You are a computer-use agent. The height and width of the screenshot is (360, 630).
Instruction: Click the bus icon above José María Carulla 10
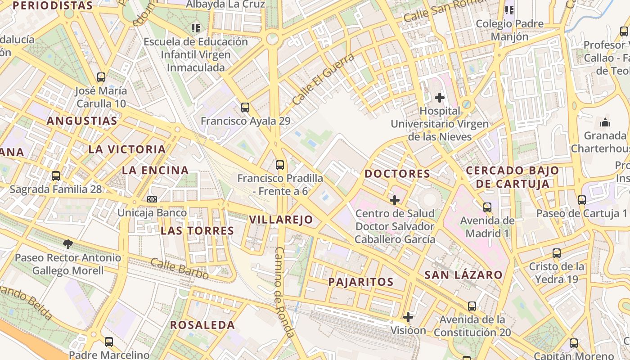click(x=101, y=77)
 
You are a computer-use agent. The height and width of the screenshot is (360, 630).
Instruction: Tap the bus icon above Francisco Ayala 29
click(x=245, y=108)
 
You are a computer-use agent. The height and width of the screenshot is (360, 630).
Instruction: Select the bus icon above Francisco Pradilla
click(x=280, y=165)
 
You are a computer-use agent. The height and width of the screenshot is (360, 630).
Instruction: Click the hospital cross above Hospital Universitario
click(x=440, y=97)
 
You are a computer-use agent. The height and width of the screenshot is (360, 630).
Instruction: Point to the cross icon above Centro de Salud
click(x=395, y=200)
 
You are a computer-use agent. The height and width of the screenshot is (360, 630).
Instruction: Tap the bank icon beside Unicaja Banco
click(x=152, y=199)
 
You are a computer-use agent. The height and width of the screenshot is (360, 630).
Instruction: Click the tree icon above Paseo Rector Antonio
click(x=68, y=244)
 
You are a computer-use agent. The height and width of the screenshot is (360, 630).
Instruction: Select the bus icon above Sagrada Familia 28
click(x=56, y=176)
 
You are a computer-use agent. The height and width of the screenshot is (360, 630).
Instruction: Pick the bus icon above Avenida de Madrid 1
click(x=487, y=207)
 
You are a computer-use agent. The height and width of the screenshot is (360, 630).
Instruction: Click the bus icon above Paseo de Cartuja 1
click(x=582, y=200)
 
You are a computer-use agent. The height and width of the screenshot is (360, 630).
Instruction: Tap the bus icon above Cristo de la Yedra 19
click(x=557, y=253)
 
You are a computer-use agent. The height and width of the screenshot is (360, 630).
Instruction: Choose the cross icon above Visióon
click(x=408, y=317)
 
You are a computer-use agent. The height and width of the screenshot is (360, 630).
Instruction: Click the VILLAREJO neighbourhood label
click(x=281, y=220)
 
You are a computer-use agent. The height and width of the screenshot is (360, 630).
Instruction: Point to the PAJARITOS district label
click(x=361, y=282)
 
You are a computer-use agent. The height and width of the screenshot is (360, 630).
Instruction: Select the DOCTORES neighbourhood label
click(x=397, y=174)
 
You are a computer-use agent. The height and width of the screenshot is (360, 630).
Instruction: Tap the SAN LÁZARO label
click(x=463, y=275)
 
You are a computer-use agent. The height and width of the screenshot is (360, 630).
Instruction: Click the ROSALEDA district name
click(x=202, y=325)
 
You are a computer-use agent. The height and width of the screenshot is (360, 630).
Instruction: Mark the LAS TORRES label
click(x=197, y=231)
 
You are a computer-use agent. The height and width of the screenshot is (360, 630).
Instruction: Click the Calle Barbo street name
click(x=180, y=268)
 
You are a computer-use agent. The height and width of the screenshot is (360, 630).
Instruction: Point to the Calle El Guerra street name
click(x=323, y=79)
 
